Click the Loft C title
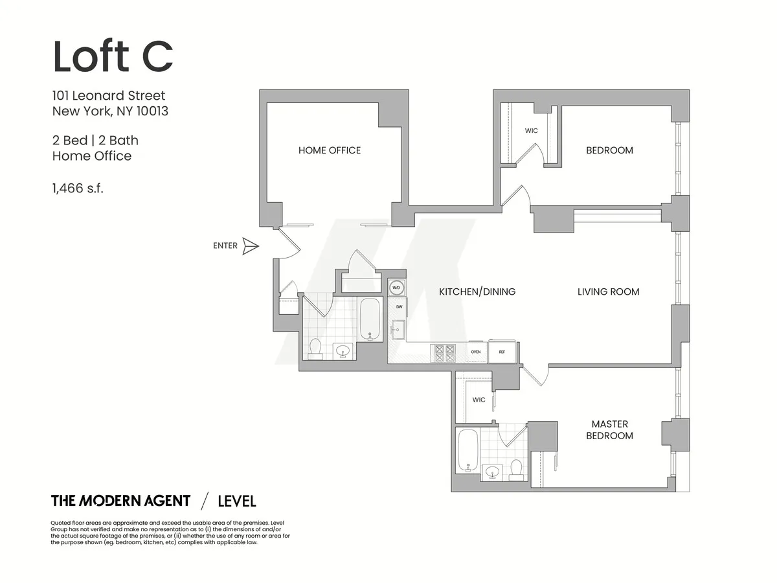tap(113, 56)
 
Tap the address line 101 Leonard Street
tap(109, 96)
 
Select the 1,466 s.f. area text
tap(78, 189)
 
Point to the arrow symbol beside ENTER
tap(250, 246)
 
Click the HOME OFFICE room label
tap(329, 150)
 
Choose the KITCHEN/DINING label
tap(477, 291)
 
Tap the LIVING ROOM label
tap(608, 291)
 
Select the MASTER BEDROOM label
tap(609, 430)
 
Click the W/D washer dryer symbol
tap(396, 288)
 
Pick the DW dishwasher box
tap(399, 307)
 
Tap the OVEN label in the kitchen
tap(475, 352)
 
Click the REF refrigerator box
tap(502, 352)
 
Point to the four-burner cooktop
tap(444, 352)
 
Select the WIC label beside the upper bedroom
tap(531, 131)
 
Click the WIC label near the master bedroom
tap(479, 400)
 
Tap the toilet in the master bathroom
tap(517, 469)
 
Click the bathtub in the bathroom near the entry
tap(370, 319)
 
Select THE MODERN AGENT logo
tap(120, 501)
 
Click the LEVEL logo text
tap(237, 501)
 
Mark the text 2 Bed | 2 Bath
tap(95, 141)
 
